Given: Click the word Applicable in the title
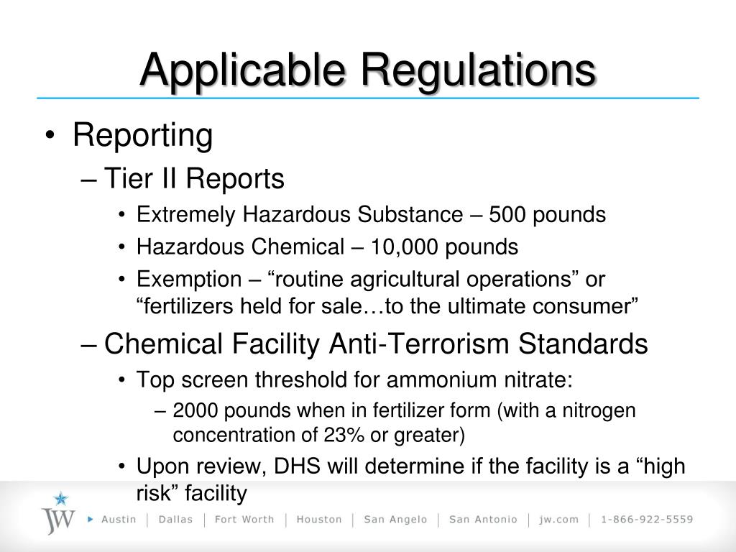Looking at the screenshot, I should coord(244,70).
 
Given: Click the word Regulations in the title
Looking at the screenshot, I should coord(478,70).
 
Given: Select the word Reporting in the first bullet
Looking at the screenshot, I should coord(142,136).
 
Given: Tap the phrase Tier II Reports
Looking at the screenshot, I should coord(194,179).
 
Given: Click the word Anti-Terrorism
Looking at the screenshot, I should coord(420,344).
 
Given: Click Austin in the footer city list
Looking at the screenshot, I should coord(118,520).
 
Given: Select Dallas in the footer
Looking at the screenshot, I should coord(175,520).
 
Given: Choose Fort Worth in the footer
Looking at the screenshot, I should coord(244,520).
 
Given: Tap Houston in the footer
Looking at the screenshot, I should coord(319,520).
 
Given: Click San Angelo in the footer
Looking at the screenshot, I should coord(395,520).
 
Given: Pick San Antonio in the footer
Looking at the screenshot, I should coord(482,520).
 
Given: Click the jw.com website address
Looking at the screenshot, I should coord(559,520).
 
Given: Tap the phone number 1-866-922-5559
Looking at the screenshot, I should coord(647,520).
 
